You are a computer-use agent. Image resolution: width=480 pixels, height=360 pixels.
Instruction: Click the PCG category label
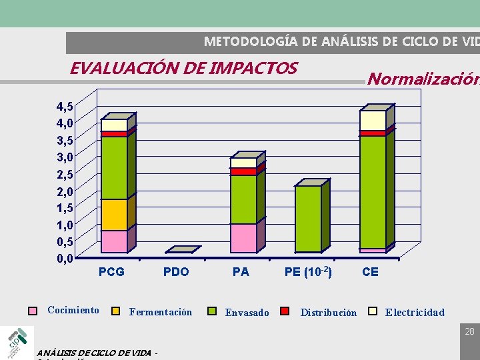111,272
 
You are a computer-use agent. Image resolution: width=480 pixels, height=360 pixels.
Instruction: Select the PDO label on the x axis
176,272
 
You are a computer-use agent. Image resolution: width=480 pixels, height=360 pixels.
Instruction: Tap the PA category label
241,272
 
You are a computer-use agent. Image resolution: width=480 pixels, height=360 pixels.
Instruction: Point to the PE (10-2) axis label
308,271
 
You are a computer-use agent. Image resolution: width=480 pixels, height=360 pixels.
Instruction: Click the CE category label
370,272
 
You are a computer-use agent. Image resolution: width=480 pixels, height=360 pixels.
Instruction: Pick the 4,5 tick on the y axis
65,107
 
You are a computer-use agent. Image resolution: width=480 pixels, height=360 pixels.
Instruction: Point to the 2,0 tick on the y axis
65,191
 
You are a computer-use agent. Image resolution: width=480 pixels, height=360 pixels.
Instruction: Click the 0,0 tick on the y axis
65,258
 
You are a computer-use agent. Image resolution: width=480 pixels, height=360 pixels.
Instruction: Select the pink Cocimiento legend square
33,311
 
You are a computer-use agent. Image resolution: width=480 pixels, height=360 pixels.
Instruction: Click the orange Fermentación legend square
115,311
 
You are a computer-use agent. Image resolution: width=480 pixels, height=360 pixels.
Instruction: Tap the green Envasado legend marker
213,311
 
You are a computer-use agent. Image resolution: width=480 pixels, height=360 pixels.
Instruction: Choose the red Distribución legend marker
285,311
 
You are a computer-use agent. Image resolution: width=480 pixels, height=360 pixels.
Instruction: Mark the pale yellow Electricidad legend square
373,311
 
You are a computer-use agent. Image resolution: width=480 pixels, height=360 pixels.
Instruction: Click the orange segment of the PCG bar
114,215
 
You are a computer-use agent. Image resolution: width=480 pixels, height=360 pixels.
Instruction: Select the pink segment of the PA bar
243,238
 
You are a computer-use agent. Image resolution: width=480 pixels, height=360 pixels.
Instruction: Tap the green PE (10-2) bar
308,219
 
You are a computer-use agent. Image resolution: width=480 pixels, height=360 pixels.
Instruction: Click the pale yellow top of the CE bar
373,120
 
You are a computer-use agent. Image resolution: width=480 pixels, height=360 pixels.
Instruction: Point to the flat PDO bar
182,250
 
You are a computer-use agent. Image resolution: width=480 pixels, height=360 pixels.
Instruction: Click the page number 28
469,331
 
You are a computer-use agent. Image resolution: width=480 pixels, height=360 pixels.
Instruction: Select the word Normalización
423,79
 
